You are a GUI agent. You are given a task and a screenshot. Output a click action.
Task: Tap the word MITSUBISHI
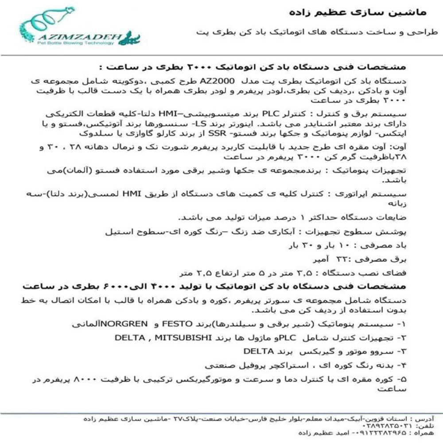(x=179, y=338)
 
